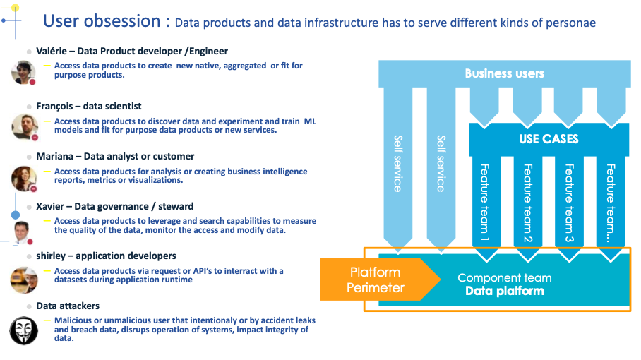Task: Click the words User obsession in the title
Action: coord(102,21)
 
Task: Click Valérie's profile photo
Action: coord(23,72)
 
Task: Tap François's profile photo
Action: coord(25,127)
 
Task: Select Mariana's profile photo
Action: coord(24,179)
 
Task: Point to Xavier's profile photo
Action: coord(22,232)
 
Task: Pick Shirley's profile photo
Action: coord(24,280)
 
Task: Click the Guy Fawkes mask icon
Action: coord(24,330)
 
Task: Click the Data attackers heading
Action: coord(68,306)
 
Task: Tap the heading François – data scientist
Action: coord(89,107)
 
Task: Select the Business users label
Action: coord(505,73)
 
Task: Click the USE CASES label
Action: coord(549,139)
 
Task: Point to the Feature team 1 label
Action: coord(485,203)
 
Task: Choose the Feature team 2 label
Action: coord(528,203)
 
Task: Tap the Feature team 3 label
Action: coord(569,203)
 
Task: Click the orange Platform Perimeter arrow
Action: coord(381,280)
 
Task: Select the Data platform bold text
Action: coord(505,291)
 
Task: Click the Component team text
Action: coord(505,278)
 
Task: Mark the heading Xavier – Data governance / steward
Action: coord(115,206)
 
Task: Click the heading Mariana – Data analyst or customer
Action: coord(115,157)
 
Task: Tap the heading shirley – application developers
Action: coord(107,256)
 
